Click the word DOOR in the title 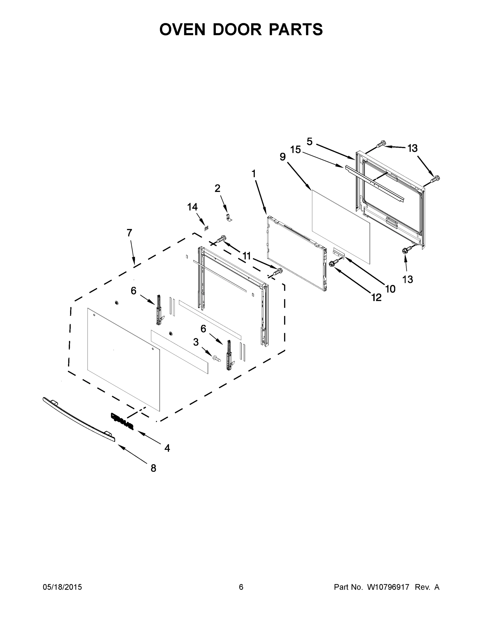click(237, 29)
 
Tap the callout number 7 click(129, 233)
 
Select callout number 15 click(296, 150)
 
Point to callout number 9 click(283, 157)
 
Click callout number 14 click(193, 207)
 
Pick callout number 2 click(217, 188)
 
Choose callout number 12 click(376, 298)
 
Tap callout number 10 click(390, 289)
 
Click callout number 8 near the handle click(153, 468)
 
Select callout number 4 click(167, 448)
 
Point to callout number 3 click(196, 342)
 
